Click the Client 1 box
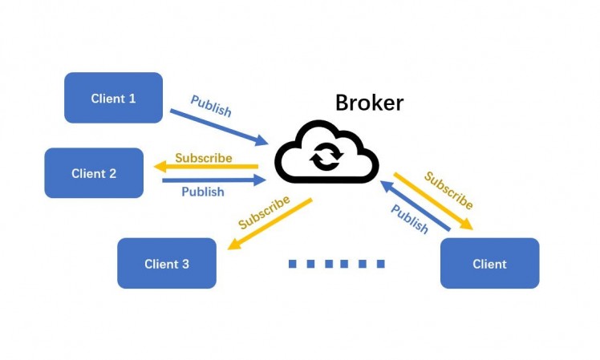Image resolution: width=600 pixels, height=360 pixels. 113,98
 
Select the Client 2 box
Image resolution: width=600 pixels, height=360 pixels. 94,173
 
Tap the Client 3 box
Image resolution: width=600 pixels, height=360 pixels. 167,263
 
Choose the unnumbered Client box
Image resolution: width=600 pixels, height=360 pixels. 489,263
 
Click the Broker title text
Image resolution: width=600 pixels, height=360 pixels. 369,103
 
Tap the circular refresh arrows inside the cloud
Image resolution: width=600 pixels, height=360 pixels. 326,156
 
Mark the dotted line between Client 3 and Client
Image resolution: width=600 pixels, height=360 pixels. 336,264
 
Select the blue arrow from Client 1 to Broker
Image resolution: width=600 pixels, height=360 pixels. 217,127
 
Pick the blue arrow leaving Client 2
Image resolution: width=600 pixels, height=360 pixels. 213,180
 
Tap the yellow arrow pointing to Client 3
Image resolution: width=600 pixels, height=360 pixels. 269,224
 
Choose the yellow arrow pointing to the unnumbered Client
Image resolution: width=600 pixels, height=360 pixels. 433,201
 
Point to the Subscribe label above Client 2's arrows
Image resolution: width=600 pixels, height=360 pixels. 204,157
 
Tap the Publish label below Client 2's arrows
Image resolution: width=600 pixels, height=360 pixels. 202,192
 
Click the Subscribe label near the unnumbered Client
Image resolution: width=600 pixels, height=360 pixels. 448,190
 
